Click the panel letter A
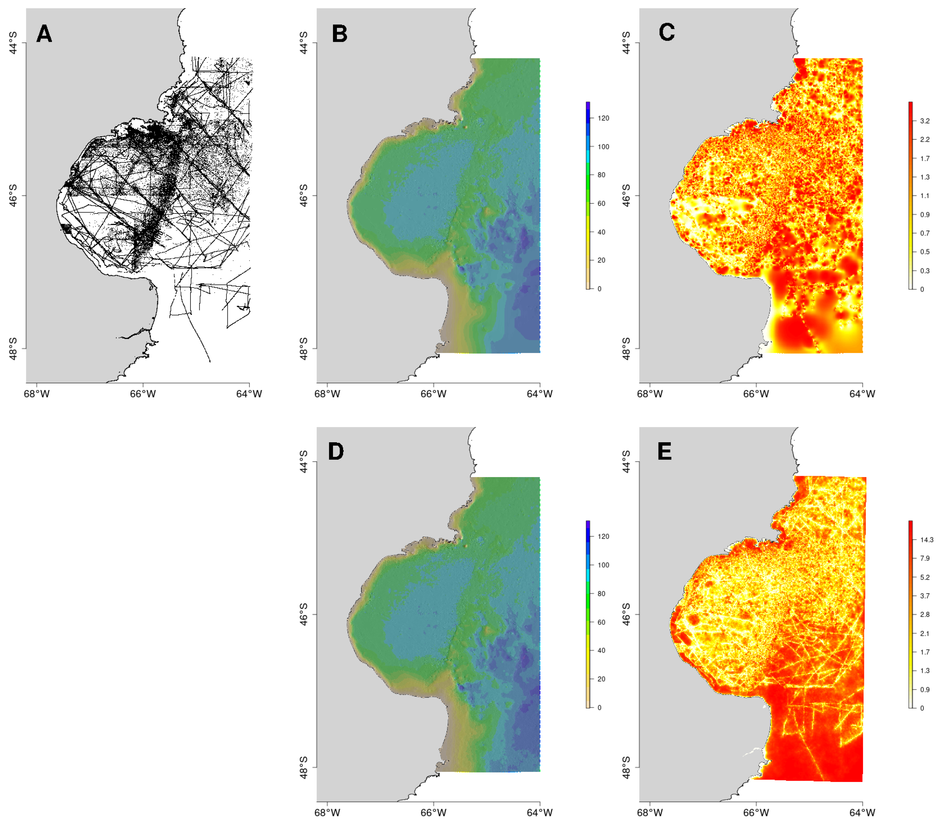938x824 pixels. point(44,34)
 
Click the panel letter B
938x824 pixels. point(340,34)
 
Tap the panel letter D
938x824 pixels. point(336,452)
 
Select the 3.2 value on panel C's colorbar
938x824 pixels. point(925,121)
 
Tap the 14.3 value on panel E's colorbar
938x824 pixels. point(926,540)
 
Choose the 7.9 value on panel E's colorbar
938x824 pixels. point(925,558)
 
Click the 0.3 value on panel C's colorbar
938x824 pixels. point(925,271)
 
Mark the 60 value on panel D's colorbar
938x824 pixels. point(601,622)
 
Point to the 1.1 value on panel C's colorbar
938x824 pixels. point(925,196)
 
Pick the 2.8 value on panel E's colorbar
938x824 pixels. point(925,614)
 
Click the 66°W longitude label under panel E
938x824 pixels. point(756,812)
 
